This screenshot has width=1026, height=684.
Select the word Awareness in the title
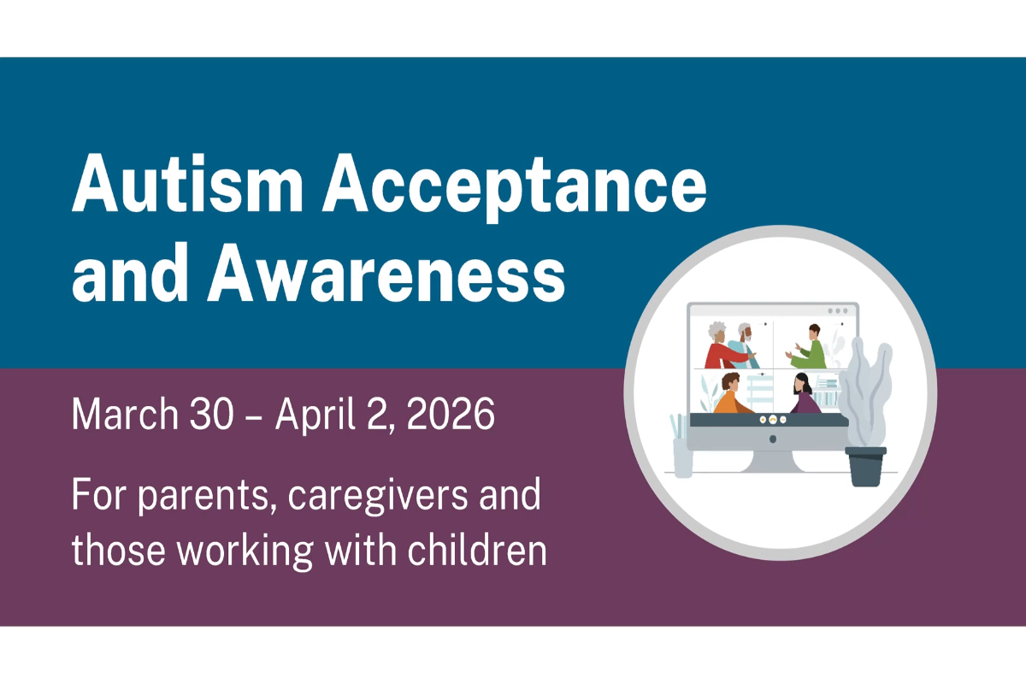386,274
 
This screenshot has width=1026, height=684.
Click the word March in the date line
123,416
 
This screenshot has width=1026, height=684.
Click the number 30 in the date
204,416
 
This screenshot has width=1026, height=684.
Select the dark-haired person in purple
804,394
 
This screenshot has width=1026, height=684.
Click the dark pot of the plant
865,466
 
